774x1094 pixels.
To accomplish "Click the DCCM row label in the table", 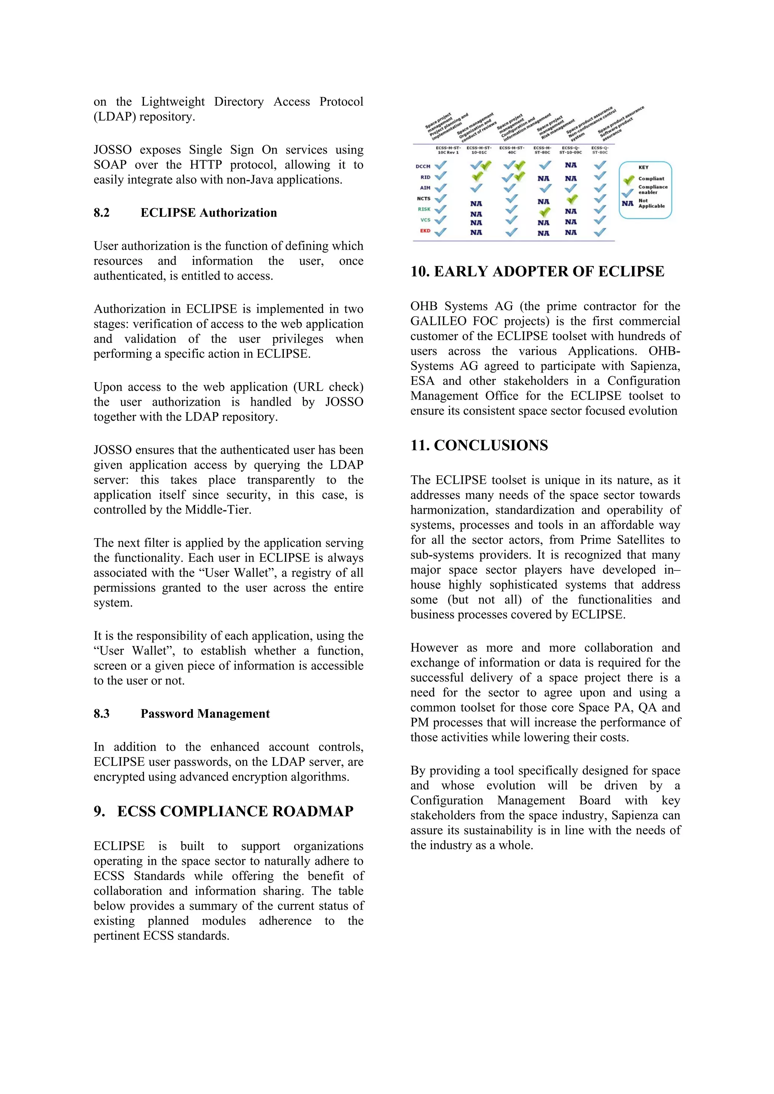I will (423, 166).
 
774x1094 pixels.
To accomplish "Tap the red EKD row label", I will (425, 230).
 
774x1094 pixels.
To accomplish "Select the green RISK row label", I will (424, 209).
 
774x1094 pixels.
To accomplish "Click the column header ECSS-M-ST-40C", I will (511, 150).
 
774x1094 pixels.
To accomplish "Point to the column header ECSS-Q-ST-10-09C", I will (571, 150).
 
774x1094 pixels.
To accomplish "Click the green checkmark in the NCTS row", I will (572, 199).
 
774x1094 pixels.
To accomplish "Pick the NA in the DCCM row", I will (571, 165).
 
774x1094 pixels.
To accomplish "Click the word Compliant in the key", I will (651, 179).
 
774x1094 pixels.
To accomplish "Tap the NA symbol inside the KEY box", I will (628, 204).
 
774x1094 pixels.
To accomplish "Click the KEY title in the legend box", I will (643, 167).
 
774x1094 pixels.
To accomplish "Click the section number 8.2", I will (102, 213).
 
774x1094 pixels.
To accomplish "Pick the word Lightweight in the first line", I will (173, 102).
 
